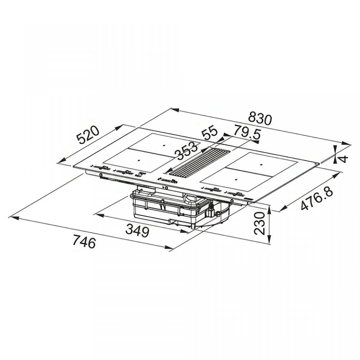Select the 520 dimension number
pyautogui.click(x=88, y=135)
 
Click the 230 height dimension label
pyautogui.click(x=259, y=223)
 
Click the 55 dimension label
pyautogui.click(x=209, y=133)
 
